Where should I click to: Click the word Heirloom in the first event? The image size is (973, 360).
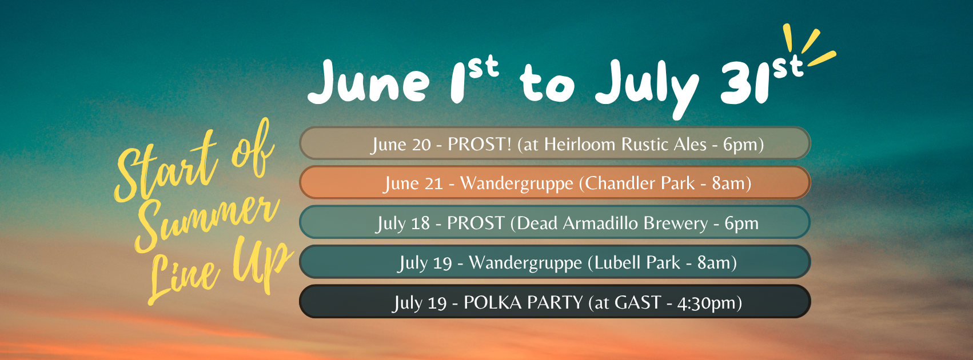click(x=580, y=144)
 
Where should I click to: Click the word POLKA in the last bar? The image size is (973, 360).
click(x=493, y=302)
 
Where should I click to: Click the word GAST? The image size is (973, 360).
click(x=638, y=302)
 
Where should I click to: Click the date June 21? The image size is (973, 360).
click(x=413, y=183)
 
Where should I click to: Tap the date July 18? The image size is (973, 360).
click(x=403, y=223)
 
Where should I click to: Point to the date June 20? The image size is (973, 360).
click(x=401, y=145)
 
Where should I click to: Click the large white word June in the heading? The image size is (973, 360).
click(x=369, y=81)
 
